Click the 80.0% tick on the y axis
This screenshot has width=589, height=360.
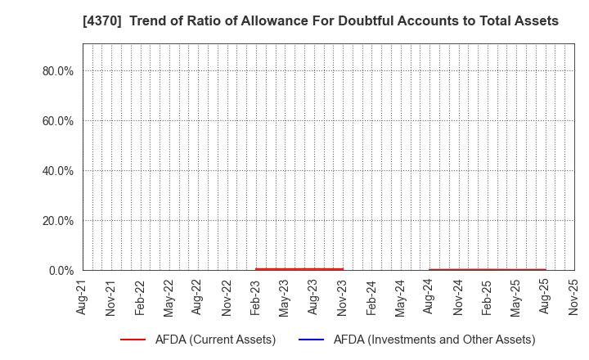click(x=58, y=71)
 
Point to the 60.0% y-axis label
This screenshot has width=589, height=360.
click(x=58, y=121)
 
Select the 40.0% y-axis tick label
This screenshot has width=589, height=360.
click(x=58, y=171)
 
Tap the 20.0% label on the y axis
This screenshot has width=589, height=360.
click(x=58, y=221)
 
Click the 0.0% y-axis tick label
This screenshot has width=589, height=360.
click(x=61, y=271)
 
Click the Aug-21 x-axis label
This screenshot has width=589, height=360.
click(x=83, y=296)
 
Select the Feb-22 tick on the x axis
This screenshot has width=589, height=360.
click(x=140, y=296)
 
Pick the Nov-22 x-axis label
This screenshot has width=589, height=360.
click(x=227, y=296)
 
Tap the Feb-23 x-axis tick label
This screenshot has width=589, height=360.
click(x=256, y=296)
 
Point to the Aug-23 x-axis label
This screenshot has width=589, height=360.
click(x=313, y=296)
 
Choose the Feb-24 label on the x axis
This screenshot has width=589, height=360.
click(x=371, y=296)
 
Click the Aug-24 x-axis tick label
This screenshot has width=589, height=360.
click(x=429, y=296)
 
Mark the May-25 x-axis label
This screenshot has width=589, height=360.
click(x=516, y=296)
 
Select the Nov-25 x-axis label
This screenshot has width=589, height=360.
click(x=573, y=296)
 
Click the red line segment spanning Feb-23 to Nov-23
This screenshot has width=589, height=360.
click(x=299, y=268)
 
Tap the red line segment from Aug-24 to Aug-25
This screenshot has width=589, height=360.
click(x=488, y=269)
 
